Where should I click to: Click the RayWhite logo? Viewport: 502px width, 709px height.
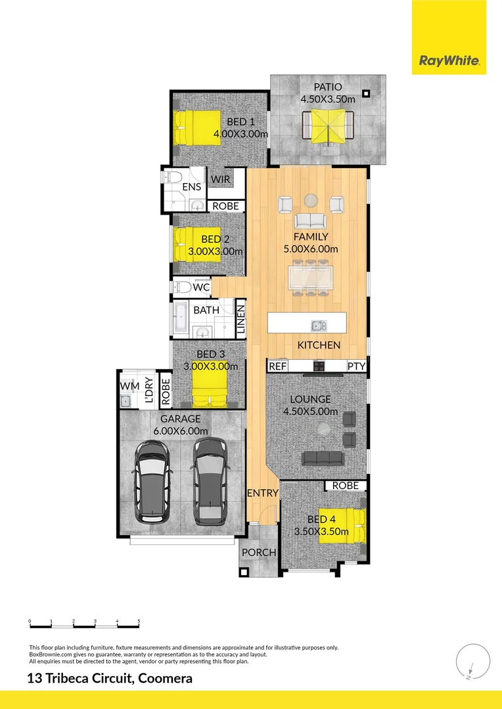coord(449,62)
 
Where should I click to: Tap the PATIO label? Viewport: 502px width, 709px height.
coord(327,87)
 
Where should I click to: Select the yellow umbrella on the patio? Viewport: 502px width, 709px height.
coord(328,125)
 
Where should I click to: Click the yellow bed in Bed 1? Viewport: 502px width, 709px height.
coord(196,128)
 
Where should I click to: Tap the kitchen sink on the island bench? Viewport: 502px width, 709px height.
coord(318,325)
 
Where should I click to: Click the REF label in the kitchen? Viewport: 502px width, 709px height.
coord(278,366)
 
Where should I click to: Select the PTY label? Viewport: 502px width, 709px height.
coord(357,366)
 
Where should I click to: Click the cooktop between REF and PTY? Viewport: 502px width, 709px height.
coord(319,366)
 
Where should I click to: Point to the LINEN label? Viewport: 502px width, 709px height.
coord(240,320)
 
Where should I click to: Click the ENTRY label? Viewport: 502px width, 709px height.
coord(263,493)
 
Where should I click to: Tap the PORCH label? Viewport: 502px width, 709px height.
coord(259,552)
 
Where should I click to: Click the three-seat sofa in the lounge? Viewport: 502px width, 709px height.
coord(322,458)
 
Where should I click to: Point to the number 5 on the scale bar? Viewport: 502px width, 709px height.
coord(139,620)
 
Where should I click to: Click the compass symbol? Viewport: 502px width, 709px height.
coord(468,662)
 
